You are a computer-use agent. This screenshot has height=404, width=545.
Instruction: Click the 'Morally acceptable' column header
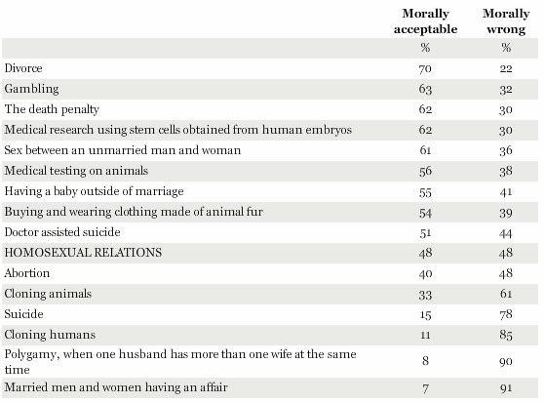point(425,21)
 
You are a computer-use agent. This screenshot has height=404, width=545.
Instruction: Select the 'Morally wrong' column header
point(506,21)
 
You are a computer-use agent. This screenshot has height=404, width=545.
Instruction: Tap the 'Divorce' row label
point(23,68)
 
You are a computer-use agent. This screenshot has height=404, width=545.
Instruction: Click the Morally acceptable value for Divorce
point(425,69)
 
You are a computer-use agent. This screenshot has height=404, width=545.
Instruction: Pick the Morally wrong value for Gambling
point(506,90)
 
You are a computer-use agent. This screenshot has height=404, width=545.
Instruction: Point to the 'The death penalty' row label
point(52,109)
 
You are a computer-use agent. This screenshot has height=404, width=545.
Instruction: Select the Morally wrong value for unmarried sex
point(506,150)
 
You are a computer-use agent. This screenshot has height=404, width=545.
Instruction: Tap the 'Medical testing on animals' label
point(76,171)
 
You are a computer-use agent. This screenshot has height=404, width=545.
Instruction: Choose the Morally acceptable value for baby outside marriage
point(425,192)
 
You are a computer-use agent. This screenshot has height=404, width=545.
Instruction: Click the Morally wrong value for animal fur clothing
point(506,213)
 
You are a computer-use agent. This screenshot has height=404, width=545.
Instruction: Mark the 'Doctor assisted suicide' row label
point(62,232)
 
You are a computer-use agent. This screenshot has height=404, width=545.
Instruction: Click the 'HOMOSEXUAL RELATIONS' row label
point(83,253)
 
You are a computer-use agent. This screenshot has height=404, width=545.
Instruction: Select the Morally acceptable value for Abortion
point(425,274)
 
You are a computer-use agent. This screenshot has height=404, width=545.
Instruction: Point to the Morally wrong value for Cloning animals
point(506,294)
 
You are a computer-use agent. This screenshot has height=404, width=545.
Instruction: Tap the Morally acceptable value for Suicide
point(425,315)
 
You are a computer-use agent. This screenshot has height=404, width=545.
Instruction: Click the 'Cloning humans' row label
point(50,335)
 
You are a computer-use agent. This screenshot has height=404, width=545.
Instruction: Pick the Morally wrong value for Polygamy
point(506,361)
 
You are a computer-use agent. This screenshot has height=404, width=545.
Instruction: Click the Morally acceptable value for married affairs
point(425,388)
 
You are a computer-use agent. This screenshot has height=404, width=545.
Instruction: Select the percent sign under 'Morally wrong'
point(506,47)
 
